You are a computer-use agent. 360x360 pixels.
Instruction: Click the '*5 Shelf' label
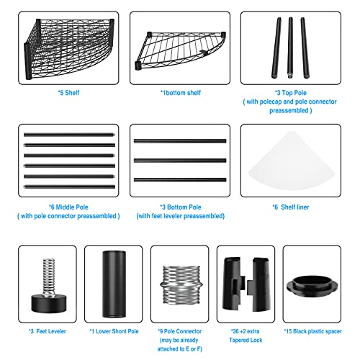68,93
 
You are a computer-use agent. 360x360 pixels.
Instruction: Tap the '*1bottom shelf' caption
181,93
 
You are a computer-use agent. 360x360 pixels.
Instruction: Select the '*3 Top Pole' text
291,93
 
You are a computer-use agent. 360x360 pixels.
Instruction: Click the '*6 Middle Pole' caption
68,207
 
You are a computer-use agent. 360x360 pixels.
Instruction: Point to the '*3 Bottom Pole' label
181,207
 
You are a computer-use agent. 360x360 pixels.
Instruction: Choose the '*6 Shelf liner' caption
291,207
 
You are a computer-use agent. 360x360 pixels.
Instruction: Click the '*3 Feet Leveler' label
48,331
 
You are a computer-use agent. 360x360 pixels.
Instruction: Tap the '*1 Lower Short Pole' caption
114,331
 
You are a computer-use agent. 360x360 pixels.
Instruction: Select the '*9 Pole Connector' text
180,331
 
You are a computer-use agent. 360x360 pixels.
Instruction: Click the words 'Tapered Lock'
246,340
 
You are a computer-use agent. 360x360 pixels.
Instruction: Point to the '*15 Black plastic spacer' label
312,331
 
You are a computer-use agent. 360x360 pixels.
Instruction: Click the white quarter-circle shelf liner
292,163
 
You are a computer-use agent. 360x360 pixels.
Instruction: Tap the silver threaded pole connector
181,284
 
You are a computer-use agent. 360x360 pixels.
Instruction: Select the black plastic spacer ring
312,287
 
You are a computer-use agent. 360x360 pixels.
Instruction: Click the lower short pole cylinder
114,284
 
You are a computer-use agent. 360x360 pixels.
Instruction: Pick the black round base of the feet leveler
49,304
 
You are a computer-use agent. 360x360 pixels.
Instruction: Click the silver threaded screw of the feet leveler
49,276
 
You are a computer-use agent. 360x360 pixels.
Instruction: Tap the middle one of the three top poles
290,48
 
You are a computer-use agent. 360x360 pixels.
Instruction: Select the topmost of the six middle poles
69,135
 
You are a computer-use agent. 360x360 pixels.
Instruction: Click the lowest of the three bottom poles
180,180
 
